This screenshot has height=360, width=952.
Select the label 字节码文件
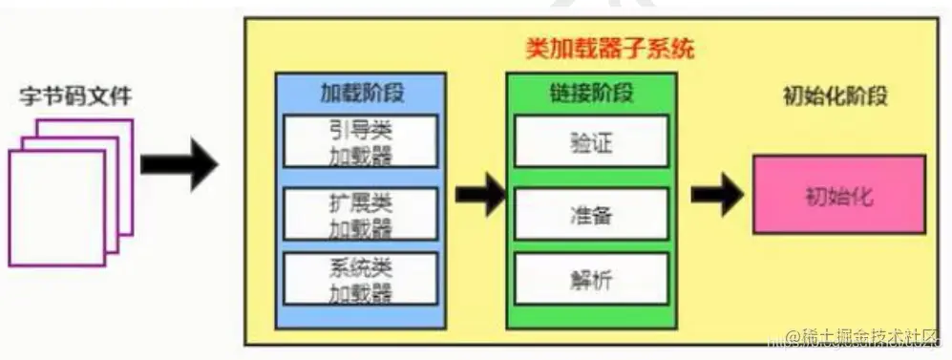(75, 96)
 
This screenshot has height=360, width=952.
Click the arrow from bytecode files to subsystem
(180, 164)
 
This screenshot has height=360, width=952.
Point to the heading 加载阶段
(361, 93)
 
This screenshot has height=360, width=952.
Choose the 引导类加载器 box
(361, 141)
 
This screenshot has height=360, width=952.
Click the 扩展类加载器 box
(361, 213)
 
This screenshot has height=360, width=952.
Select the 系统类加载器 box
(361, 279)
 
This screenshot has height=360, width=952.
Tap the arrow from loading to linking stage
(479, 195)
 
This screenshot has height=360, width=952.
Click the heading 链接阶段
(592, 93)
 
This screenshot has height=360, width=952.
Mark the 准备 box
(590, 214)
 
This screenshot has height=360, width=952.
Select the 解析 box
(590, 280)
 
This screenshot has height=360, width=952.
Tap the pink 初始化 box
(838, 195)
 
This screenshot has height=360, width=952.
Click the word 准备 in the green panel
(590, 214)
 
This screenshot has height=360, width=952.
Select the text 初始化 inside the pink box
(838, 196)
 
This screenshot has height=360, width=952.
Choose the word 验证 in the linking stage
(590, 142)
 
